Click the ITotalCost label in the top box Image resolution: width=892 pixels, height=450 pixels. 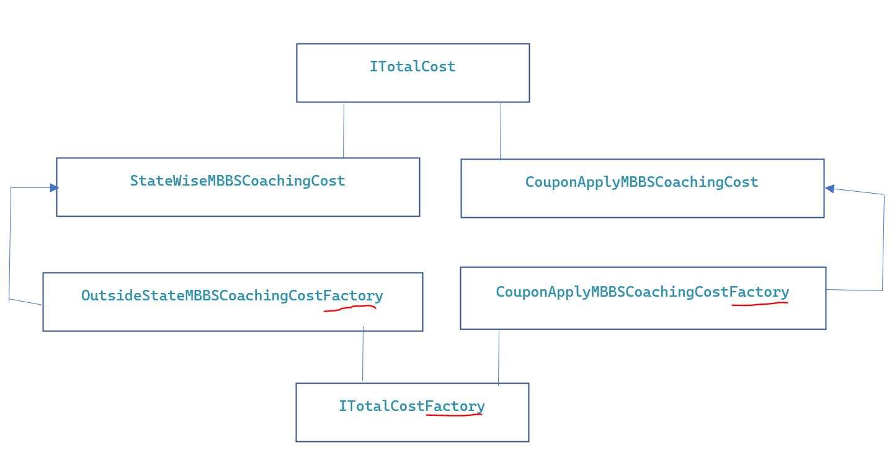(x=413, y=67)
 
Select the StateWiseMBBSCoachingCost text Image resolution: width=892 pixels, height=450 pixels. (x=238, y=181)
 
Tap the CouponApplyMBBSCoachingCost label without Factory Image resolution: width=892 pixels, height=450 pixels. (x=641, y=182)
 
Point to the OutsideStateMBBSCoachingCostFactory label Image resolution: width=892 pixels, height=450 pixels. (x=232, y=296)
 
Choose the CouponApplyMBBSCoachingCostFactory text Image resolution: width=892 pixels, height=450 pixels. (x=642, y=292)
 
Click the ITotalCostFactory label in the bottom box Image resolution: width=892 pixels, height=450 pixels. (x=411, y=407)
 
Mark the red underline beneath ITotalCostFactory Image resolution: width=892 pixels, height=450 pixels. (x=455, y=415)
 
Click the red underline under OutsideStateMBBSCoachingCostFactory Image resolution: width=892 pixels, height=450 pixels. (x=350, y=307)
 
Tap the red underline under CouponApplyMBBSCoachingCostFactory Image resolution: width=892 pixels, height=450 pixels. (x=760, y=304)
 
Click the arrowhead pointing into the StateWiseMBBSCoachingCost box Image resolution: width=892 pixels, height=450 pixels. (x=54, y=187)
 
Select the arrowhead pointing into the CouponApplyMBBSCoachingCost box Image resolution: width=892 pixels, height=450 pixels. (x=829, y=188)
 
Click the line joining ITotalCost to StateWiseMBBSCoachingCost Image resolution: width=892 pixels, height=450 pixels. (x=344, y=130)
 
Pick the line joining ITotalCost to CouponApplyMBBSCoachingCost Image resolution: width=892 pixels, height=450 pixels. (x=501, y=131)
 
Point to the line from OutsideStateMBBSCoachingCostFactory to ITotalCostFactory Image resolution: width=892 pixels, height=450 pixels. (x=363, y=354)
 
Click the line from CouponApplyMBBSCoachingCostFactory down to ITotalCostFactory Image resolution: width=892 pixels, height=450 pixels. (x=499, y=358)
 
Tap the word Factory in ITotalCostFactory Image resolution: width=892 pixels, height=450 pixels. (x=455, y=407)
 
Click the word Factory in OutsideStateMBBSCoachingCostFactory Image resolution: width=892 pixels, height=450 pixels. (x=353, y=296)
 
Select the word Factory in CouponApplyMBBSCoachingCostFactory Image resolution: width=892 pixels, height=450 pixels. (x=759, y=292)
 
